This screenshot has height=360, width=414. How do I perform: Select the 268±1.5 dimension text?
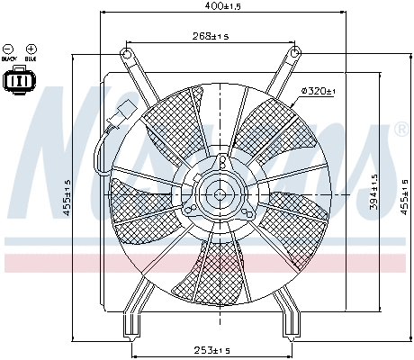pos(209,36)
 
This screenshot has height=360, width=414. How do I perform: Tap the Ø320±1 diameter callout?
pos(318,91)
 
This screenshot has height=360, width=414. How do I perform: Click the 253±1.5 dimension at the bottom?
pos(212,350)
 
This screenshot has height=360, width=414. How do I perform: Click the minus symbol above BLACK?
pos(9,48)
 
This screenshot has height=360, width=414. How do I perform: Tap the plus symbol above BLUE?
pos(31,48)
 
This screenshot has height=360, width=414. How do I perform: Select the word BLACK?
pos(9,58)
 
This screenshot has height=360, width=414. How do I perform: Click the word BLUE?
pos(31,58)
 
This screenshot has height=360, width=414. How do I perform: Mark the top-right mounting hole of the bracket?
pos(293,55)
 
